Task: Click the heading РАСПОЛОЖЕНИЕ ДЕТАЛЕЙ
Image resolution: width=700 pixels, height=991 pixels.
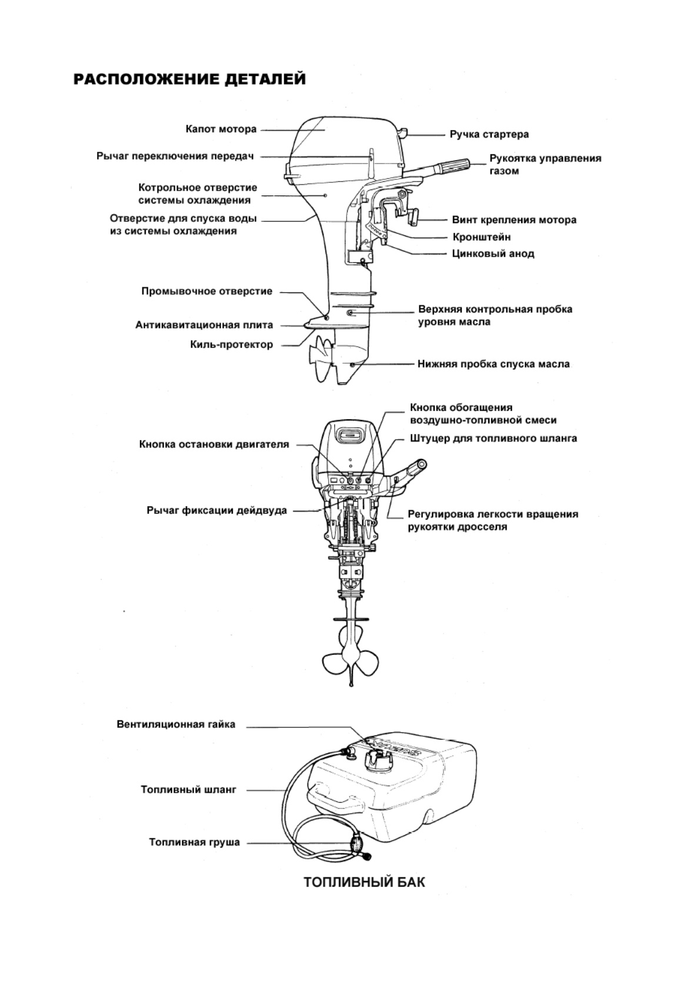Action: (189, 79)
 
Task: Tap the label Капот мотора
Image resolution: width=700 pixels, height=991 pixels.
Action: (221, 129)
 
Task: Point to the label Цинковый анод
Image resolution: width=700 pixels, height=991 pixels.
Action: (493, 254)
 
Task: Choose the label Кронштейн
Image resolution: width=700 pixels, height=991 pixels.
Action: (481, 237)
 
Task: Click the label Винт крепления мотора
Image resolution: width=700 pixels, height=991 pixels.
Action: (514, 220)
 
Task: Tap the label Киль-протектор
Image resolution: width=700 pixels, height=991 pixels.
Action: (231, 345)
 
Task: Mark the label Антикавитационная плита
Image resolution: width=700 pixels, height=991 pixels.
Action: (204, 325)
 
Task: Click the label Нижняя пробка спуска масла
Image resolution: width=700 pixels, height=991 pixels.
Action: (493, 364)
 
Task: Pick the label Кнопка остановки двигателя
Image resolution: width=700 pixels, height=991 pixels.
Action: (214, 444)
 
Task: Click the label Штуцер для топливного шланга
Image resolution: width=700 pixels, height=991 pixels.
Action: (493, 438)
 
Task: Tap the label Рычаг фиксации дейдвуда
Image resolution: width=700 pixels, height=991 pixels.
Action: (216, 510)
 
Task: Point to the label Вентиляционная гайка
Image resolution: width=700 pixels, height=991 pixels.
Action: (176, 724)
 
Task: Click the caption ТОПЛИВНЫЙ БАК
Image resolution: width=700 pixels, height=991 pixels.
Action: (364, 883)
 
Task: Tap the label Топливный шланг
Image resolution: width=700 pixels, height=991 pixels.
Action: (188, 789)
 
